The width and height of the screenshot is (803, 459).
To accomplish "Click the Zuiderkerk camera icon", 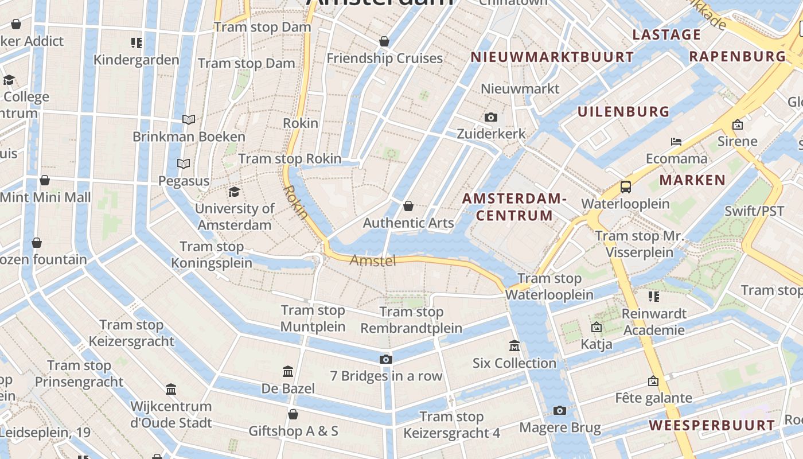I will pyautogui.click(x=490, y=117).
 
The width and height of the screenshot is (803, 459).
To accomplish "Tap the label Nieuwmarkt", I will pyautogui.click(x=520, y=89).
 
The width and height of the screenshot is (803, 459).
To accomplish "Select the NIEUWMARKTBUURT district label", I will pyautogui.click(x=552, y=57).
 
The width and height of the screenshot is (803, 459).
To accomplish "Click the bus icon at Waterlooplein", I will pyautogui.click(x=625, y=187).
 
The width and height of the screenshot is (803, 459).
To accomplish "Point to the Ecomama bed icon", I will pyautogui.click(x=676, y=141).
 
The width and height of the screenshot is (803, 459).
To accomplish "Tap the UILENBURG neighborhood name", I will pyautogui.click(x=623, y=111).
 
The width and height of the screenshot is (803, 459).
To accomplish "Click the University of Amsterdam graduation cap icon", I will pyautogui.click(x=234, y=192).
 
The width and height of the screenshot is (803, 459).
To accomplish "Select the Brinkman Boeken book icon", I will pyautogui.click(x=189, y=119).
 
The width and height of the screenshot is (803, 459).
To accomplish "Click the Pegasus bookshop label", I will pyautogui.click(x=184, y=181).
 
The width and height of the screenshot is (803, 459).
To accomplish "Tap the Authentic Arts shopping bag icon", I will pyautogui.click(x=408, y=205).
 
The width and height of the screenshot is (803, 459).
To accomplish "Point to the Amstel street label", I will pyautogui.click(x=373, y=261).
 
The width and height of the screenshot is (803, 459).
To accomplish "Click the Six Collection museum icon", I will pyautogui.click(x=514, y=346).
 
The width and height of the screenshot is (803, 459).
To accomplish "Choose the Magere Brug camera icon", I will pyautogui.click(x=559, y=410).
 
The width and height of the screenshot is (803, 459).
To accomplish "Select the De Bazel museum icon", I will pyautogui.click(x=288, y=372).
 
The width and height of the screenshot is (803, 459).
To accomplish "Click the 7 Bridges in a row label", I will pyautogui.click(x=386, y=376).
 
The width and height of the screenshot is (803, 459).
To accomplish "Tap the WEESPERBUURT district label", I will pyautogui.click(x=712, y=425).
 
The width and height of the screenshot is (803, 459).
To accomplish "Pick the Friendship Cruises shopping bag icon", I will pyautogui.click(x=384, y=41).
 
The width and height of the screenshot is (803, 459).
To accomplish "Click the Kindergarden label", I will pyautogui.click(x=137, y=60).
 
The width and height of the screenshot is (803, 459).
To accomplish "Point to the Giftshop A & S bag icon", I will pyautogui.click(x=293, y=414).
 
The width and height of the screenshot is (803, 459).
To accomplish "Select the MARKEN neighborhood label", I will pyautogui.click(x=692, y=180).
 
